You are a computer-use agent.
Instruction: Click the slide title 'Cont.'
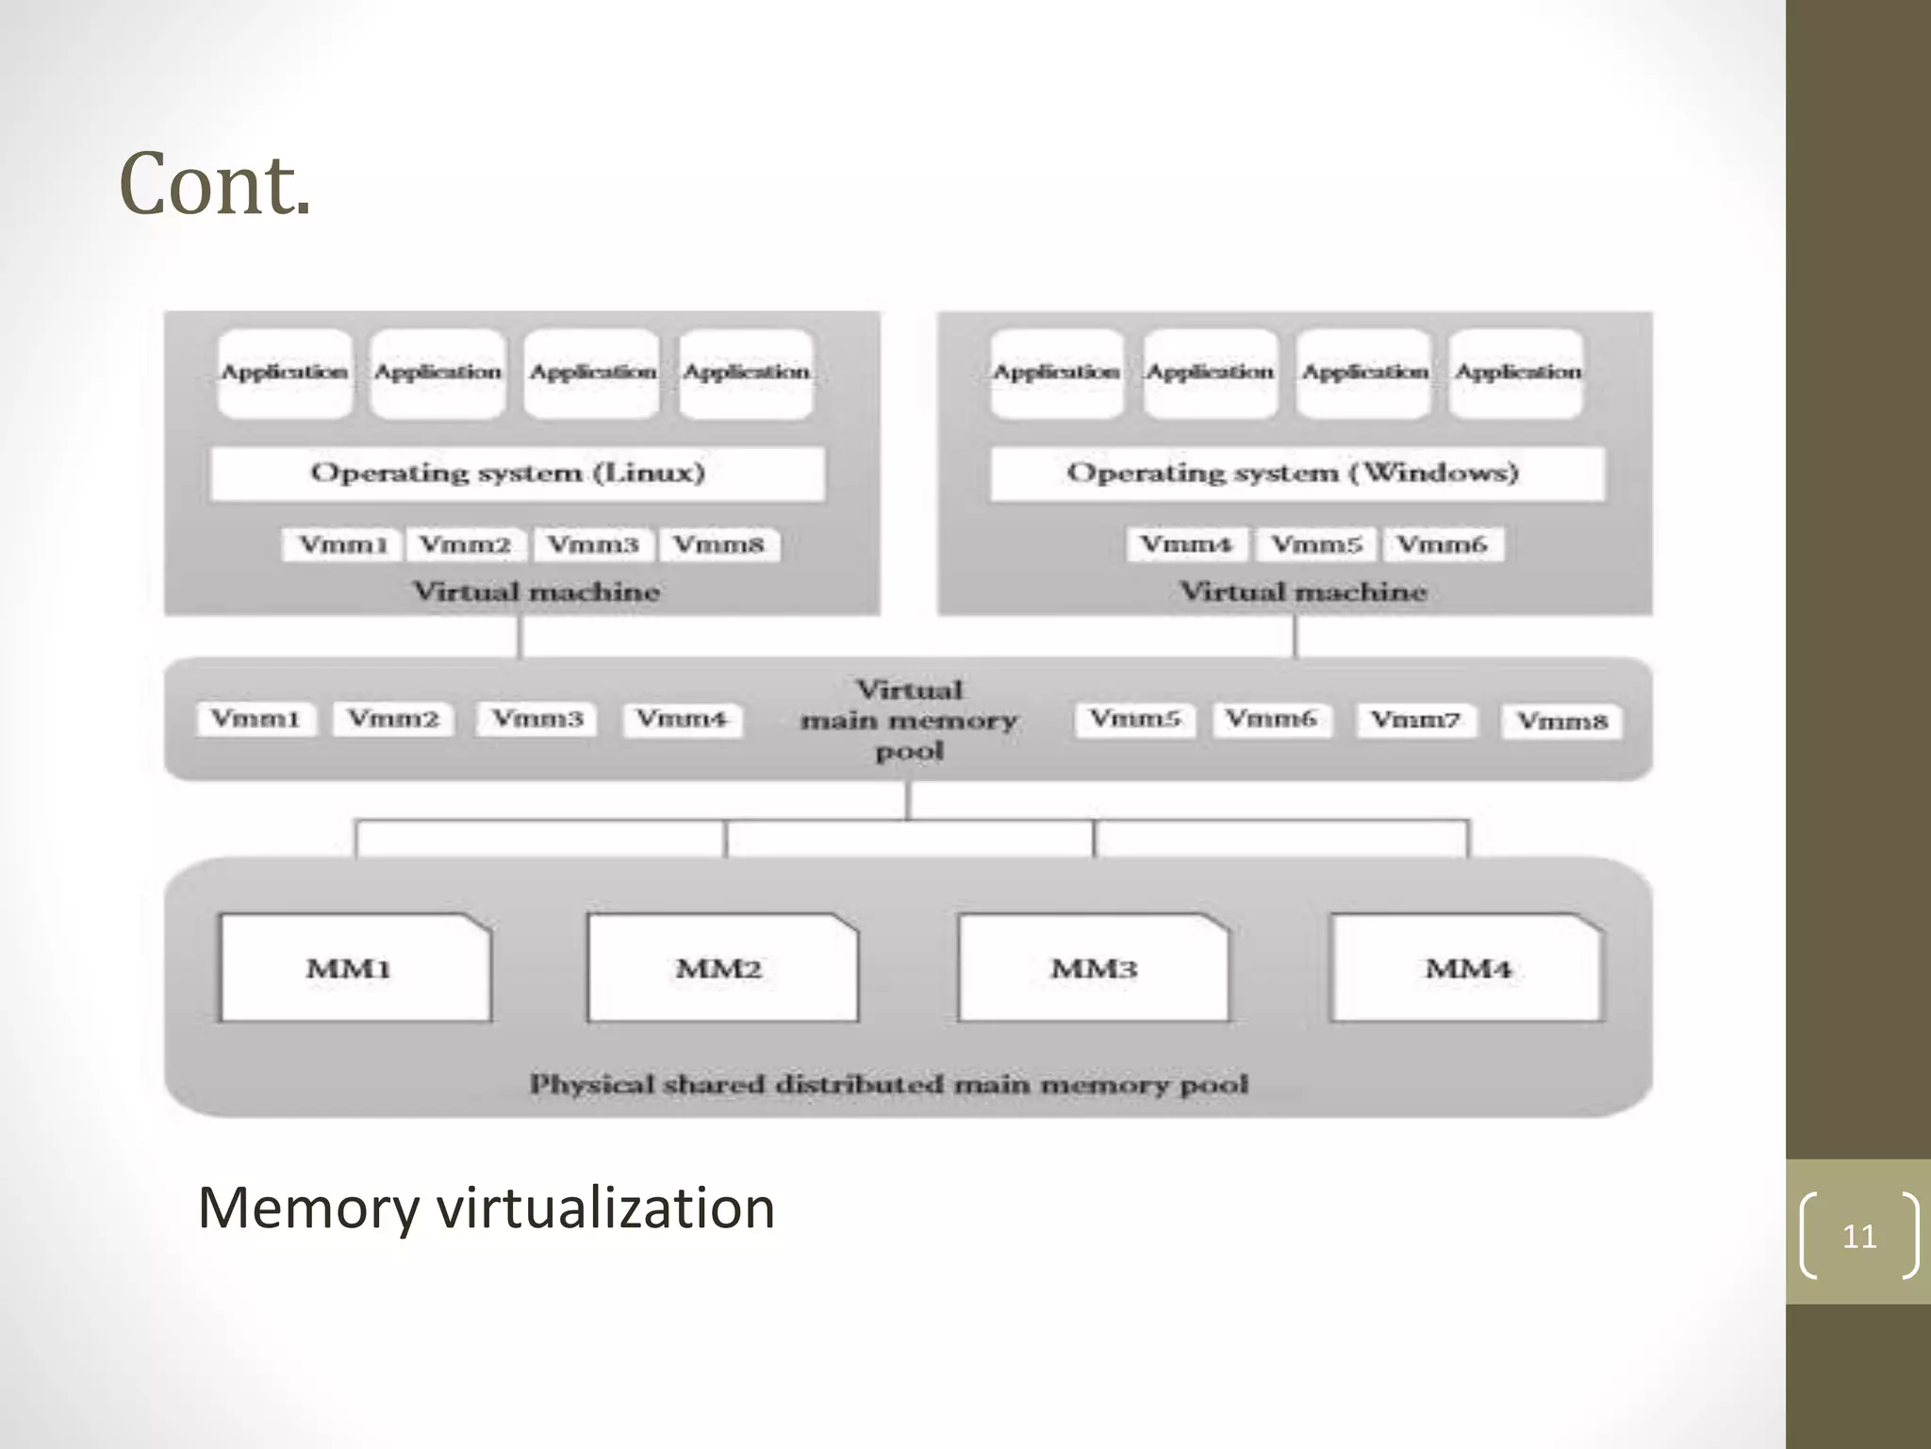pyautogui.click(x=215, y=185)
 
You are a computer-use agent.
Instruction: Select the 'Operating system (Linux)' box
pyautogui.click(x=517, y=473)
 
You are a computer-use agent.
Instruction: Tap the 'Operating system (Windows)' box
pyautogui.click(x=1296, y=473)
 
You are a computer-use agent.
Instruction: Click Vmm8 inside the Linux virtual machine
pyautogui.click(x=719, y=544)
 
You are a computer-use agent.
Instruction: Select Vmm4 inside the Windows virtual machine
pyautogui.click(x=1187, y=544)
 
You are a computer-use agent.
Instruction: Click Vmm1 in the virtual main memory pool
pyautogui.click(x=256, y=719)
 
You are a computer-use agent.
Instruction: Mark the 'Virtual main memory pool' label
pyautogui.click(x=909, y=721)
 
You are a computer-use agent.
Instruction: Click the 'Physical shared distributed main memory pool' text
pyautogui.click(x=888, y=1085)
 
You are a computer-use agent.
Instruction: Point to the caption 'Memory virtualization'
pyautogui.click(x=486, y=1208)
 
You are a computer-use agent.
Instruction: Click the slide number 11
pyautogui.click(x=1858, y=1236)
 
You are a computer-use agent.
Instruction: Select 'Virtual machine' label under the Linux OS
pyautogui.click(x=536, y=592)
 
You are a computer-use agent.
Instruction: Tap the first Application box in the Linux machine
pyautogui.click(x=285, y=374)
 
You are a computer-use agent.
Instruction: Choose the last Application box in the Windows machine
pyautogui.click(x=1517, y=374)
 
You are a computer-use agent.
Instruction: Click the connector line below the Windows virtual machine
pyautogui.click(x=1295, y=637)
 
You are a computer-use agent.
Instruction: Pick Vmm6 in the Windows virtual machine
pyautogui.click(x=1442, y=544)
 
